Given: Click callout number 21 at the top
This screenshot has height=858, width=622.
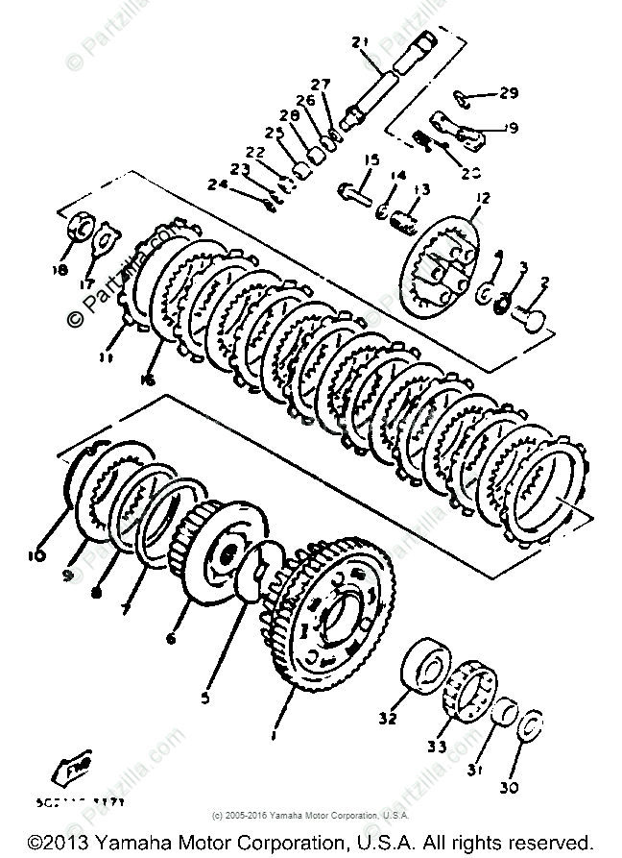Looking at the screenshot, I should [360, 41].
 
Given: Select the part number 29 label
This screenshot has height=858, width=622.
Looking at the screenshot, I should [508, 93].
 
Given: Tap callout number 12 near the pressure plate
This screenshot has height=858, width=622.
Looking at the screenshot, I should [481, 198].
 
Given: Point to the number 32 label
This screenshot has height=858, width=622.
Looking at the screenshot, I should [386, 717].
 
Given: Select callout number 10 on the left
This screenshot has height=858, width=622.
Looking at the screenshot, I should [36, 555].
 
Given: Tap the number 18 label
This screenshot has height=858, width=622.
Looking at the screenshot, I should [61, 271].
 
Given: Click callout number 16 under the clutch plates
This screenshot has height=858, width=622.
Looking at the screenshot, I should [147, 380].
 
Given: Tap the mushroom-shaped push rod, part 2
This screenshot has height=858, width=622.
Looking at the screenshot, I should [529, 316].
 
